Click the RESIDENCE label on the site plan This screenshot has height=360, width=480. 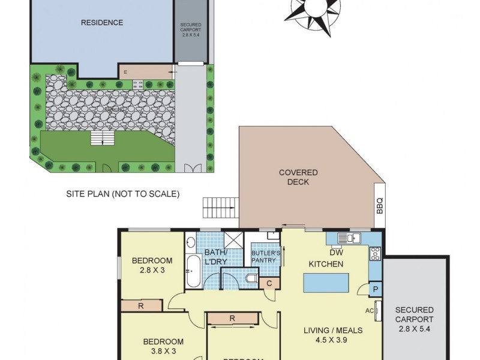click(102, 23)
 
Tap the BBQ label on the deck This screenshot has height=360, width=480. click(379, 206)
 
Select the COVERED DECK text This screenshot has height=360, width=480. click(298, 177)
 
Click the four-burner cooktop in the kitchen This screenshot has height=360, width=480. click(376, 254)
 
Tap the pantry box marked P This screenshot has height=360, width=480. click(376, 289)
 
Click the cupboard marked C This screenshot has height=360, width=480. click(269, 283)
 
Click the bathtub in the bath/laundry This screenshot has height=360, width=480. click(193, 271)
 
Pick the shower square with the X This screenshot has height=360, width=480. click(233, 239)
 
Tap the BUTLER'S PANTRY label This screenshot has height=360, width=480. click(264, 256)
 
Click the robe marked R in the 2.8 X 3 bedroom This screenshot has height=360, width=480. click(140, 306)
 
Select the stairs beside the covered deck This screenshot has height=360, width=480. click(220, 208)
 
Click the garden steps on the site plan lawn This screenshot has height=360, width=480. click(102, 139)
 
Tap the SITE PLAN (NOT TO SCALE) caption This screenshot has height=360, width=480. click(122, 194)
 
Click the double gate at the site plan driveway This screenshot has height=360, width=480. click(193, 168)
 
